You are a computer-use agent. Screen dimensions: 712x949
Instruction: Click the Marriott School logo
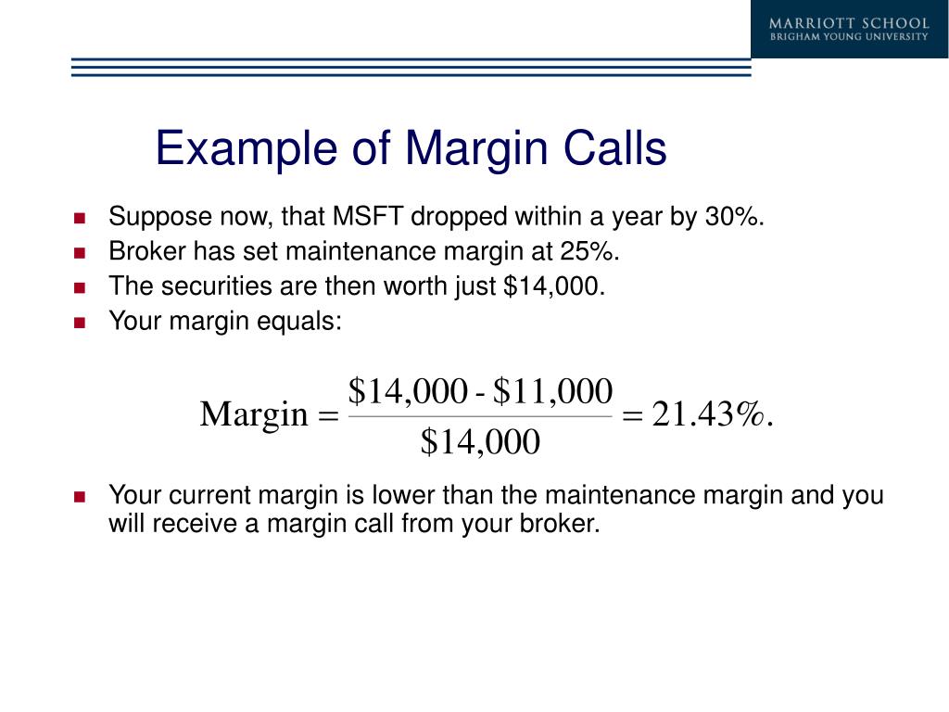pos(849,29)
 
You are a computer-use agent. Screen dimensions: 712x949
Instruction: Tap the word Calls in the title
pos(615,149)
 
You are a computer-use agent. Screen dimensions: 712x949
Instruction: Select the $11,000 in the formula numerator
pos(552,392)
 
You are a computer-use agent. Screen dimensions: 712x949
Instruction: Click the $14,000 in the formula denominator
pos(479,443)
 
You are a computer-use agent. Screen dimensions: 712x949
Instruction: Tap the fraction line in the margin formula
pos(479,417)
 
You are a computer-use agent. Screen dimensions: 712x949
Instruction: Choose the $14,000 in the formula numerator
pos(407,392)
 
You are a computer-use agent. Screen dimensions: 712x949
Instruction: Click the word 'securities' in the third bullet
pos(209,286)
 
